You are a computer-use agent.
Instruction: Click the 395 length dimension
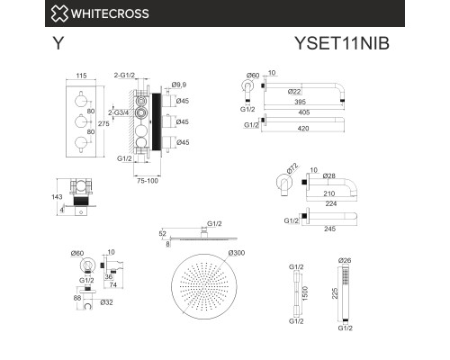tap(312, 103)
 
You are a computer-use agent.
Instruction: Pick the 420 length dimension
tap(316, 128)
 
